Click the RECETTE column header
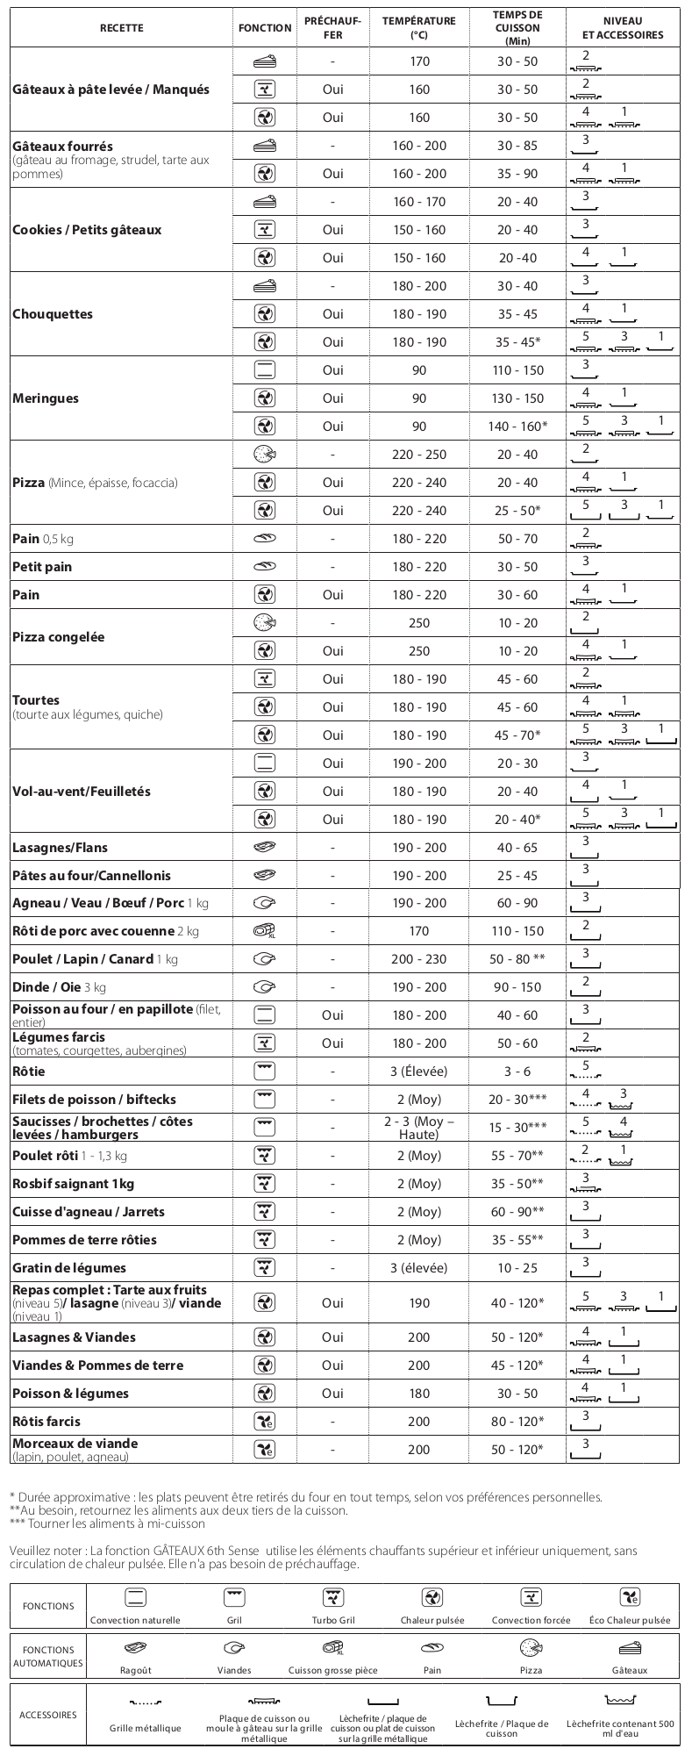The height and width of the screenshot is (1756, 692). pos(121,28)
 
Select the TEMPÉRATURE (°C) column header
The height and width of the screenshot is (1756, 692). pos(419,28)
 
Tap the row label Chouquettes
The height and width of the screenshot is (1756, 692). pos(53,314)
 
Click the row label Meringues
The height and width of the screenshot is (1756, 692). pos(46,398)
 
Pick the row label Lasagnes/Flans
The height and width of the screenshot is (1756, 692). pos(61,848)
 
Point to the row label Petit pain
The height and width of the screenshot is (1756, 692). pos(42,567)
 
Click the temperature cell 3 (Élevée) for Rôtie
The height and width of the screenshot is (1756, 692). pos(419,1072)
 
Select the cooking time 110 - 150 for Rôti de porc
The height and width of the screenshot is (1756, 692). pos(517,931)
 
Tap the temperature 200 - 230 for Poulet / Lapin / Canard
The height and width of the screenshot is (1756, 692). pos(419,959)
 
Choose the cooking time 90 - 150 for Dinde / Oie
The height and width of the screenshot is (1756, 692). pos(517,987)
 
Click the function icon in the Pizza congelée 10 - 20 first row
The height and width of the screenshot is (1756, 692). pos(264,623)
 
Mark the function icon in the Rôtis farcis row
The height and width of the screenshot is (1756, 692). pos(264,1421)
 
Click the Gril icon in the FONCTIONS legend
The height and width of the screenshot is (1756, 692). pos(234,1596)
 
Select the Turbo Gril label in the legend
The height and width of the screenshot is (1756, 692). pos(332,1620)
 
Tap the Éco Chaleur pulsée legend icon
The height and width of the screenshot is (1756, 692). pos(630,1596)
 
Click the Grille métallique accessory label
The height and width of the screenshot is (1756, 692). pos(146,1728)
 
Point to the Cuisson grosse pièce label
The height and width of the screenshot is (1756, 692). pos(332,1670)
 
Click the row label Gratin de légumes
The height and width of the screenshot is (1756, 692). pos(69,1268)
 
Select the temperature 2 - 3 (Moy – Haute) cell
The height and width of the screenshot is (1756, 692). pos(419,1128)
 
